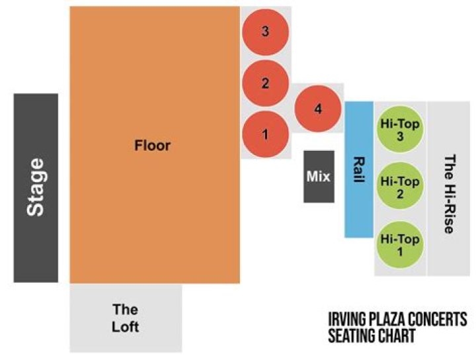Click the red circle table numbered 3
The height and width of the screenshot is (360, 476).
tap(265, 31)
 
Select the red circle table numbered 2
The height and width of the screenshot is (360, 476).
tap(265, 83)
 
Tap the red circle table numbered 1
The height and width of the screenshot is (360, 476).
tap(265, 134)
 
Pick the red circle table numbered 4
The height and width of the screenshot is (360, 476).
tap(318, 109)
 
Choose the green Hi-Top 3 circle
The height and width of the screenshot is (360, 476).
tap(400, 130)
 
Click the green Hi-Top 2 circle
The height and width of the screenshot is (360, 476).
tap(400, 187)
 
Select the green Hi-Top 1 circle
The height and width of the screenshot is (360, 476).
tap(400, 244)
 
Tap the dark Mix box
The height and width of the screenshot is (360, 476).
tap(318, 177)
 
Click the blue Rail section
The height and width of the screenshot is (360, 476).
tap(359, 169)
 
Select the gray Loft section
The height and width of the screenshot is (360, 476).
tap(126, 318)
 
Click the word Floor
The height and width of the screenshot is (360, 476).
tap(152, 145)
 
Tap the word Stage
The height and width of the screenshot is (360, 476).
tap(36, 187)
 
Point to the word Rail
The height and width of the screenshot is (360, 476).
tap(359, 169)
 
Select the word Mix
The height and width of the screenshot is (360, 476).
tap(318, 177)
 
